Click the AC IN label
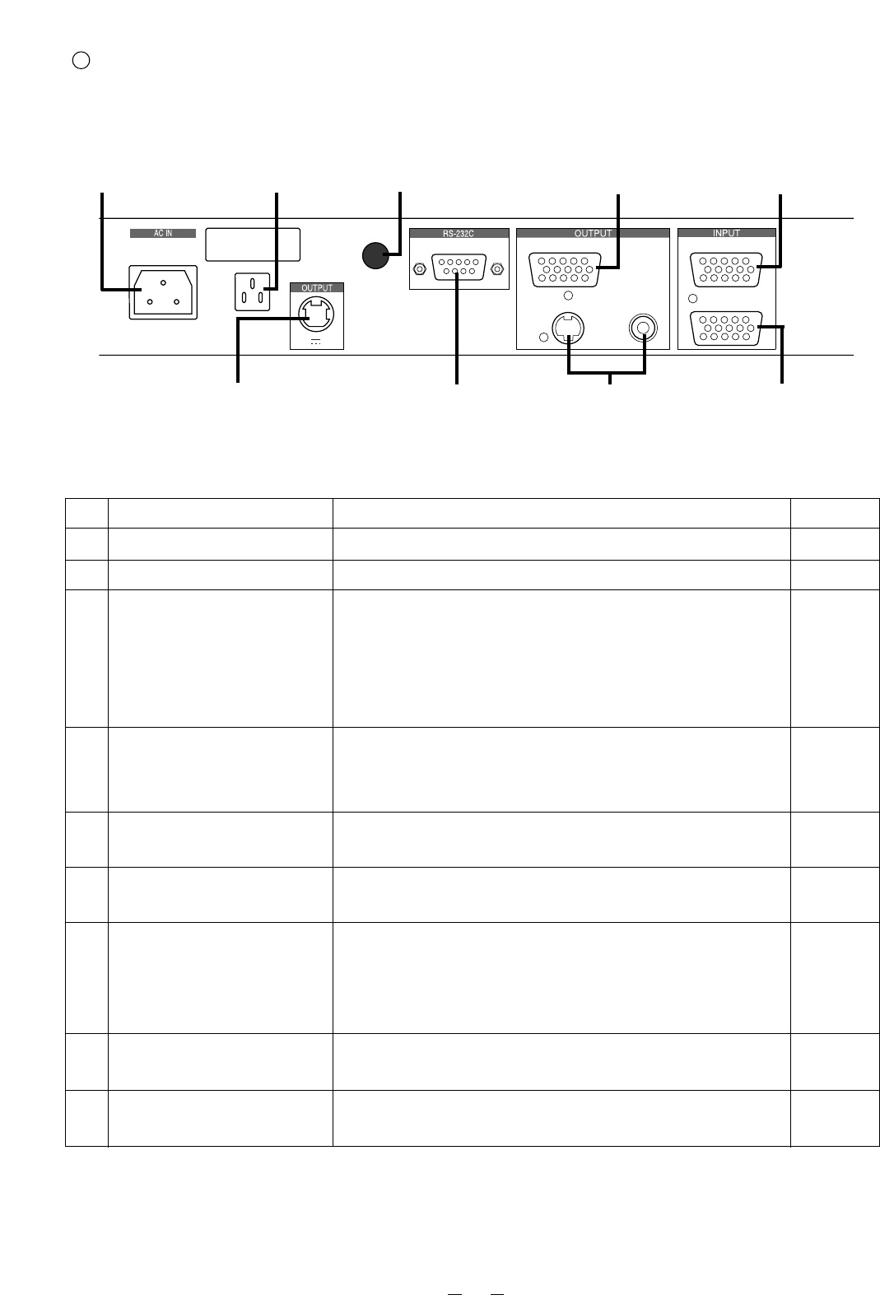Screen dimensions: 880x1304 point(163,234)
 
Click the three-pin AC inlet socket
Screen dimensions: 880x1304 point(163,292)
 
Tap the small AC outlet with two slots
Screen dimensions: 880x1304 point(252,291)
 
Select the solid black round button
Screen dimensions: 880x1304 point(375,255)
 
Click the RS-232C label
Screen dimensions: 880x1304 point(459,234)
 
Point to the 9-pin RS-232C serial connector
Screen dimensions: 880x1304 point(459,267)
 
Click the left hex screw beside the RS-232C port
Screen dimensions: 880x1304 point(419,269)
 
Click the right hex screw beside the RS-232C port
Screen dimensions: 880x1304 point(497,269)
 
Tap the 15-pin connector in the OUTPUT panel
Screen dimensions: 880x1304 point(565,269)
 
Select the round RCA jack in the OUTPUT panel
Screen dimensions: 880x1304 point(643,328)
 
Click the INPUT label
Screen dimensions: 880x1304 point(726,233)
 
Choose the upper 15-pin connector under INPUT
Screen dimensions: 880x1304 point(726,269)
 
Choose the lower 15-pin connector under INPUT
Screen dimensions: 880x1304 point(726,328)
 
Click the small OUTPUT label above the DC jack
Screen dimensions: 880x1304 point(317,287)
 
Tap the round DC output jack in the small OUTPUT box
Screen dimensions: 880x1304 point(316,314)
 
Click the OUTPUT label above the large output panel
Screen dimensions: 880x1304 point(593,233)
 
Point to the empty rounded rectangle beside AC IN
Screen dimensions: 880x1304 point(253,244)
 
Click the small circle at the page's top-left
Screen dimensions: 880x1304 point(81,61)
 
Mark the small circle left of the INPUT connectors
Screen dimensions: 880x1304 point(692,299)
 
